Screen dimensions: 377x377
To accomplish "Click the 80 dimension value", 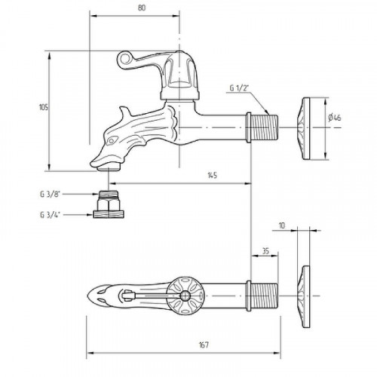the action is pos(142,8).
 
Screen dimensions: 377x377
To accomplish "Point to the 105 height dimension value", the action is pos(44,107).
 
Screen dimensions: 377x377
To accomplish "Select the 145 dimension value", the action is pos(212,175).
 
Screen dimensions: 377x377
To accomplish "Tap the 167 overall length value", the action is pos(204,345).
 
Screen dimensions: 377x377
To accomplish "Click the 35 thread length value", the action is pos(265,251).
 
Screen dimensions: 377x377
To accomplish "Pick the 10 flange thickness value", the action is pos(282,225).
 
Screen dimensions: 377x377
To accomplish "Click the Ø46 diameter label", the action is pos(335,118).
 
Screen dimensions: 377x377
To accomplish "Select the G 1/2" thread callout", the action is pos(239,88).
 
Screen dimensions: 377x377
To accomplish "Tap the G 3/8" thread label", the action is pos(51,195).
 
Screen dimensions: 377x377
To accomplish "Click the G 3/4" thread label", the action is pos(51,215).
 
